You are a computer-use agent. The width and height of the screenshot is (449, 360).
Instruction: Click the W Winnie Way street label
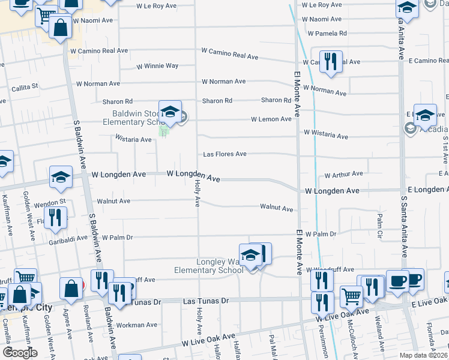[x=157, y=66]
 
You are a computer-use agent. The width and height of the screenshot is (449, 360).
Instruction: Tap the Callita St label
[x=25, y=87]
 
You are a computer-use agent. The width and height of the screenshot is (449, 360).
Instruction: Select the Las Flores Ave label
[x=224, y=154]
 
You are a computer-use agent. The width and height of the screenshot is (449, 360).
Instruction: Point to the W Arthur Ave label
[x=343, y=175]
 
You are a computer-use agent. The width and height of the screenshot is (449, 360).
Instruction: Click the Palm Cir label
[x=380, y=223]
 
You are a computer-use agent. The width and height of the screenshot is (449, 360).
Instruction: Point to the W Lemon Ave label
[x=271, y=119]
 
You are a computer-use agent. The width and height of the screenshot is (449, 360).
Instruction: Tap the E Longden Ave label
[x=428, y=190]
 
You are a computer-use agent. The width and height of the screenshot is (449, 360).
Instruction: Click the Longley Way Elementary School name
[x=208, y=266]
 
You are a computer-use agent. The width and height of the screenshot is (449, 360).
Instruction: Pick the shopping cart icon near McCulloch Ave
[x=351, y=296]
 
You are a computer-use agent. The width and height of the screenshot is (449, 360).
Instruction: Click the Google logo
[x=20, y=353]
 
